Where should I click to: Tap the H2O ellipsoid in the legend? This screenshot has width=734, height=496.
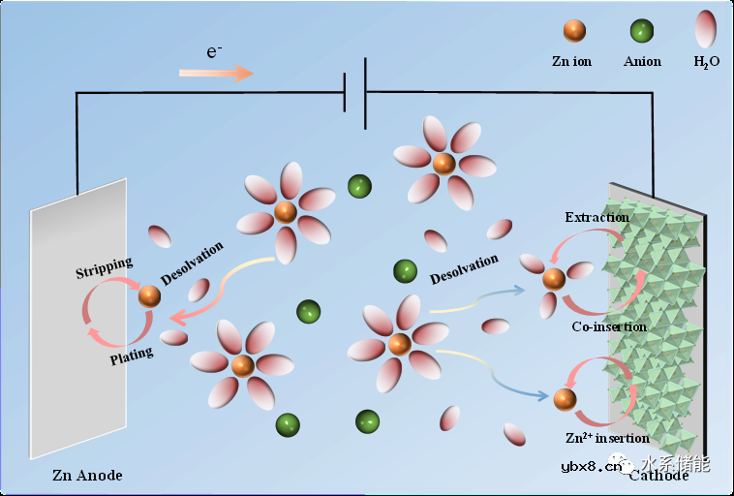pos(706,29)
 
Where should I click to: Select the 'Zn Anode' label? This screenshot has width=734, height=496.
pos(87,476)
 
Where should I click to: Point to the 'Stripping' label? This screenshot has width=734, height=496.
pos(104,266)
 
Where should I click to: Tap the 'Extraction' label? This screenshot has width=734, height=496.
pos(596,217)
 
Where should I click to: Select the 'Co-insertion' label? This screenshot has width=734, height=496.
pos(608,326)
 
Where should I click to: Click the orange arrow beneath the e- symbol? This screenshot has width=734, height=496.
pos(216,73)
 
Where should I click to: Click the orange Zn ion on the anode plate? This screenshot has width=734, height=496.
pos(149,296)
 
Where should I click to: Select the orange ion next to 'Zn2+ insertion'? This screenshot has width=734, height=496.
pos(565,398)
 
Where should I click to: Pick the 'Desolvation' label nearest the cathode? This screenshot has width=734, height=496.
pos(464,269)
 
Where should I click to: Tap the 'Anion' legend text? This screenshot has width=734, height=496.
pos(642,61)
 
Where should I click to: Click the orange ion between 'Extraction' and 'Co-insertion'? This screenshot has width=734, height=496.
pos(553,279)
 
